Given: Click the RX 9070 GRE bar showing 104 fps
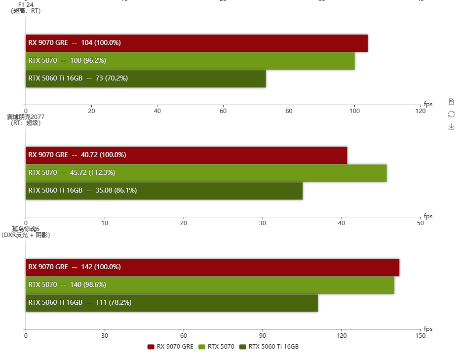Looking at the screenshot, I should coord(196,43).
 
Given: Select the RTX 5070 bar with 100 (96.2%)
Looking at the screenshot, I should coord(190,61).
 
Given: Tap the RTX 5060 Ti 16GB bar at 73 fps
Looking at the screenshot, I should coord(146,79).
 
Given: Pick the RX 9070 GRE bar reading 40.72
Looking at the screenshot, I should coord(186,155).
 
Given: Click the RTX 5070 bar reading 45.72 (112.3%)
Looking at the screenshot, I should coord(206,173).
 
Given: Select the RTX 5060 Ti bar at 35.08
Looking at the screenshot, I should coord(164,191).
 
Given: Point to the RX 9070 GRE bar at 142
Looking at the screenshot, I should coord(212,267).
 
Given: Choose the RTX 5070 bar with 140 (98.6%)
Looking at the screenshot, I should coord(210,285).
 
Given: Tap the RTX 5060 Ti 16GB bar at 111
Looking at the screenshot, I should coord(171,303).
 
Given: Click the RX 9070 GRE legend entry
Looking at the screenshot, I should coord(170,347).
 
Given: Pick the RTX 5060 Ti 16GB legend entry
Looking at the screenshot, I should coord(269,347).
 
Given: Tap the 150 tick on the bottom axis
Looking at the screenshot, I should coord(420,335).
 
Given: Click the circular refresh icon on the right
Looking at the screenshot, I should coord(451,114).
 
